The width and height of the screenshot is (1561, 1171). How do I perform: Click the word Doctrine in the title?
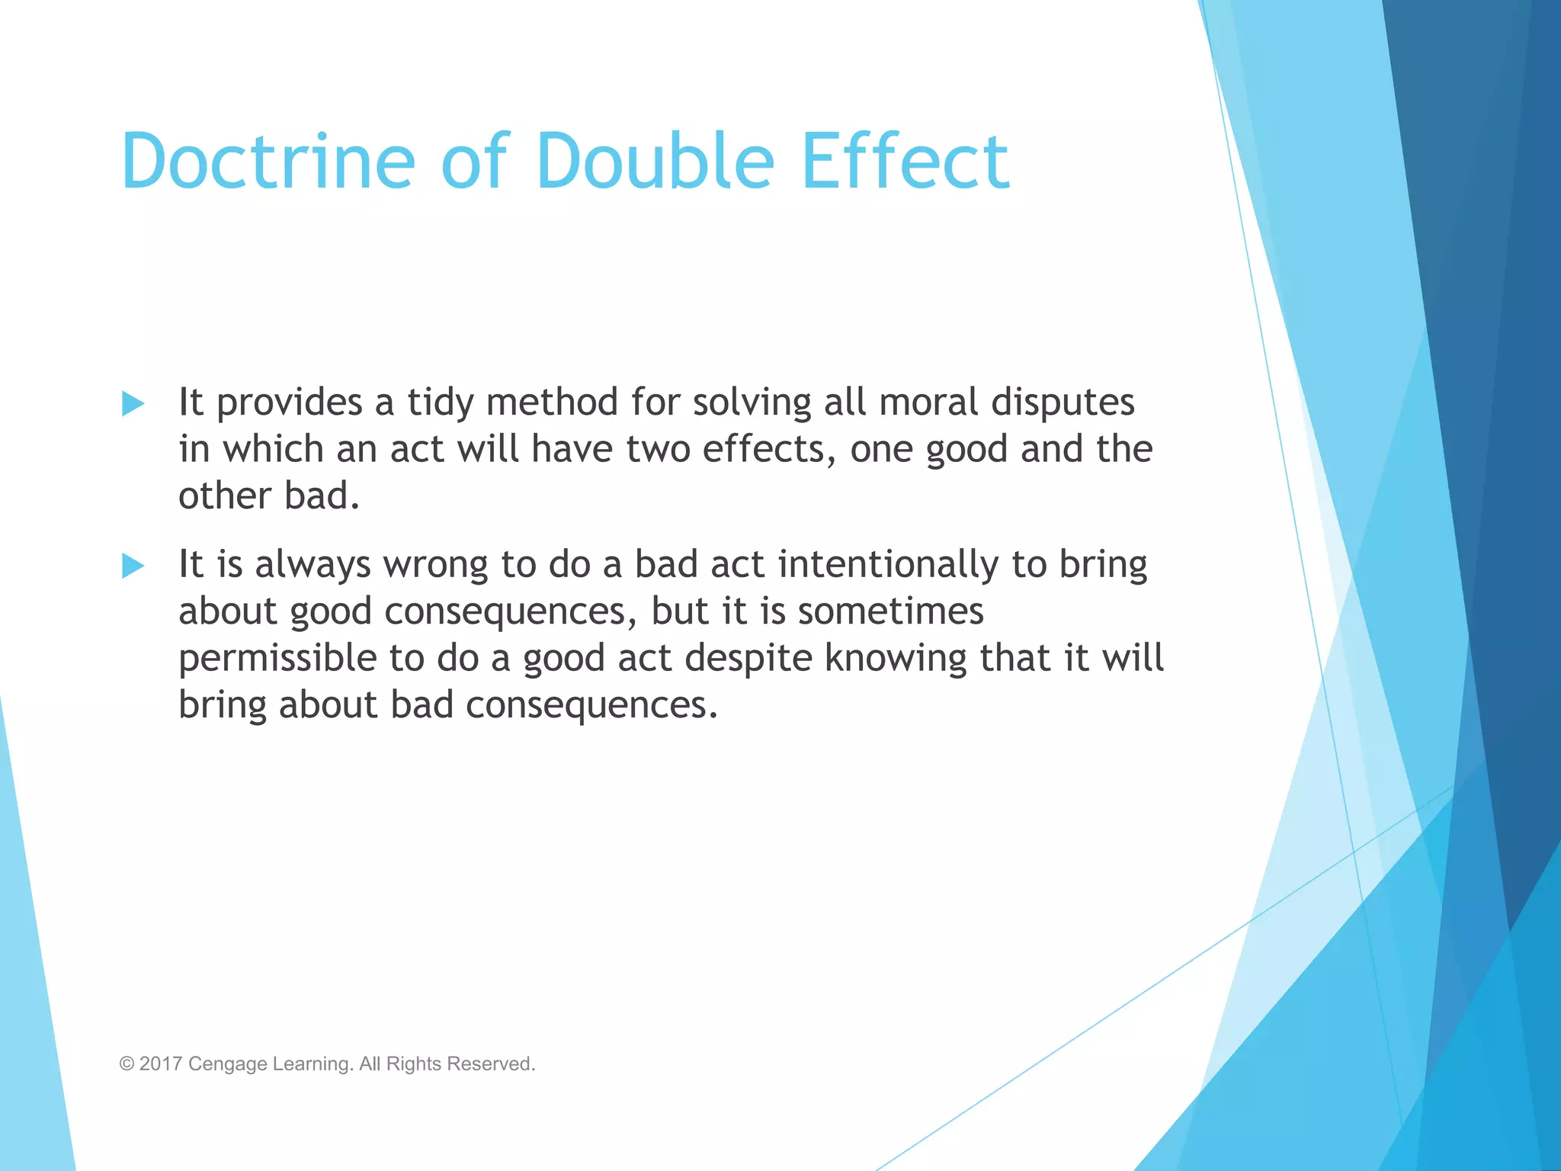[268, 162]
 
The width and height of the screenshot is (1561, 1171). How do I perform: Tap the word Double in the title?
[655, 162]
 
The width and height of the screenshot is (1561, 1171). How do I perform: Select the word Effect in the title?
[906, 162]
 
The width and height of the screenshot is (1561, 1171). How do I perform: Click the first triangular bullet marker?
[133, 403]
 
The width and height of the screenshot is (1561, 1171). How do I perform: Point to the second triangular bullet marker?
[133, 566]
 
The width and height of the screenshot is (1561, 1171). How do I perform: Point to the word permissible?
[277, 659]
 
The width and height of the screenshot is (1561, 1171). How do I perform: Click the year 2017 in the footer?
[160, 1064]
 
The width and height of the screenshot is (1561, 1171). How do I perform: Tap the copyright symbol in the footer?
[127, 1064]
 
